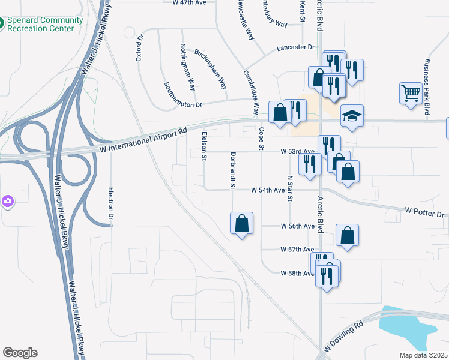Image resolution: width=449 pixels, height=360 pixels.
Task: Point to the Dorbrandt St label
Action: pyautogui.click(x=232, y=170)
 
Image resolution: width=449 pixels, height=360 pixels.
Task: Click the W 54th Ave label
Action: pyautogui.click(x=267, y=190)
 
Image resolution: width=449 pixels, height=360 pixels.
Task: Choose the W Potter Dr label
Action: pyautogui.click(x=424, y=212)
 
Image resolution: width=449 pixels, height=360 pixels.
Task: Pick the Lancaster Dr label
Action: pyautogui.click(x=295, y=47)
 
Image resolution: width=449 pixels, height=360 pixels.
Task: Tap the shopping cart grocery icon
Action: pyautogui.click(x=411, y=93)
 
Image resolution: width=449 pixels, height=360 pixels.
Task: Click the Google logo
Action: pyautogui.click(x=20, y=353)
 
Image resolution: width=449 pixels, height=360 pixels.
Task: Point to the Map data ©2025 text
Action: pyautogui.click(x=423, y=355)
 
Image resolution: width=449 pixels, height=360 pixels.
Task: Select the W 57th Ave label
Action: pyautogui.click(x=297, y=249)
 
